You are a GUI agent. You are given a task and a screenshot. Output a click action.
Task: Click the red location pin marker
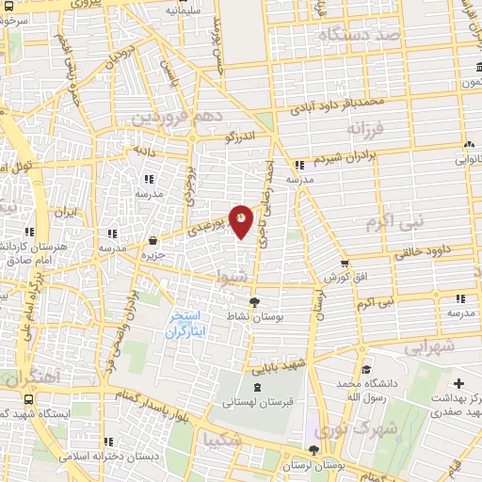[x=242, y=221]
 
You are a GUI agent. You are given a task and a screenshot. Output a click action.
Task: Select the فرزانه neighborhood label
[x=366, y=126]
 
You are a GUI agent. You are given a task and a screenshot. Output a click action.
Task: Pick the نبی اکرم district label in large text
[x=394, y=222]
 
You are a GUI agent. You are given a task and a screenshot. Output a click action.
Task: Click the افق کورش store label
[x=345, y=279]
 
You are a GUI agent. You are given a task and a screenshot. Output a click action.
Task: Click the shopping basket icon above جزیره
[x=153, y=240]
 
